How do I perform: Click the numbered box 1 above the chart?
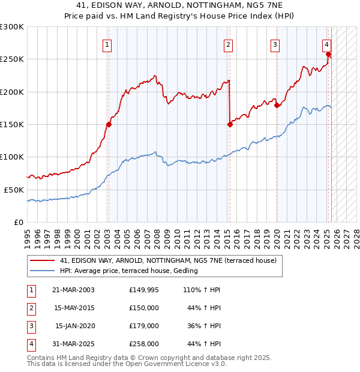pyautogui.click(x=107, y=44)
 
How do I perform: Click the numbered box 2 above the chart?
pyautogui.click(x=229, y=44)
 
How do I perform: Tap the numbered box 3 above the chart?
pyautogui.click(x=275, y=44)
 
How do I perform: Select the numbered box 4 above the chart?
pyautogui.click(x=326, y=44)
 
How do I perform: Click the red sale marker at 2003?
pyautogui.click(x=109, y=125)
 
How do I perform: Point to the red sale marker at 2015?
pyautogui.click(x=230, y=125)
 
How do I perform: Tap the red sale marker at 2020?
pyautogui.click(x=277, y=106)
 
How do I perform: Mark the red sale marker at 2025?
pyautogui.click(x=329, y=55)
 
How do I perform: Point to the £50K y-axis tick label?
pyautogui.click(x=14, y=190)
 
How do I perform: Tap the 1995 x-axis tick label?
pyautogui.click(x=27, y=233)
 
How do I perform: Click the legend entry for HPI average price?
pyautogui.click(x=128, y=271)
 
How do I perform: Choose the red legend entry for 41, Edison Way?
pyautogui.click(x=168, y=261)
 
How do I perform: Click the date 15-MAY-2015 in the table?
pyautogui.click(x=74, y=307)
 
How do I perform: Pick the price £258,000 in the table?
pyautogui.click(x=144, y=344)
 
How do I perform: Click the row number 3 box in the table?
pyautogui.click(x=31, y=326)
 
